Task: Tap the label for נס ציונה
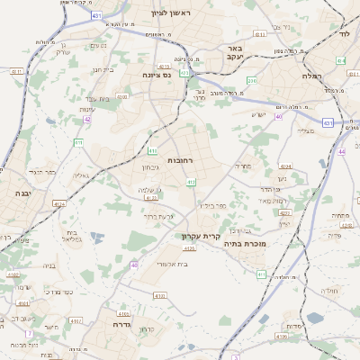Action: coord(155,76)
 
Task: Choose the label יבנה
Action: coord(22,193)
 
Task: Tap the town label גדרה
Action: coord(121,324)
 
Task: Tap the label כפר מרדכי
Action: coord(62,292)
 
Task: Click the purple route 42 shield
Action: coord(87,119)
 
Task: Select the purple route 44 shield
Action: coord(342,151)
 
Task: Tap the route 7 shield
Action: coord(30,334)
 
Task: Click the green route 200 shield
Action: coord(251,81)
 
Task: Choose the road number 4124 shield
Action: coord(60,203)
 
